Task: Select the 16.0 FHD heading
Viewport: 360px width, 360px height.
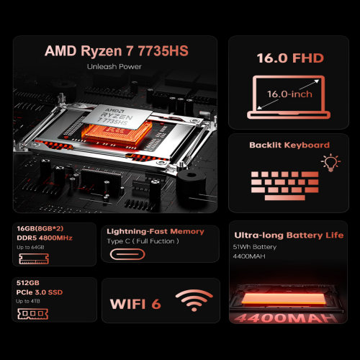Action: pos(290,57)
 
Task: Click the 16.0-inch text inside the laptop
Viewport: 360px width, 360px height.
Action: pos(289,93)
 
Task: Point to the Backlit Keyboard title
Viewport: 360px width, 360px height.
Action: pos(289,145)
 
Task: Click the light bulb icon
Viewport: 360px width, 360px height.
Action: pos(332,162)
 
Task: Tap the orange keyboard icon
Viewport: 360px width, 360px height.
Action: pos(280,183)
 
